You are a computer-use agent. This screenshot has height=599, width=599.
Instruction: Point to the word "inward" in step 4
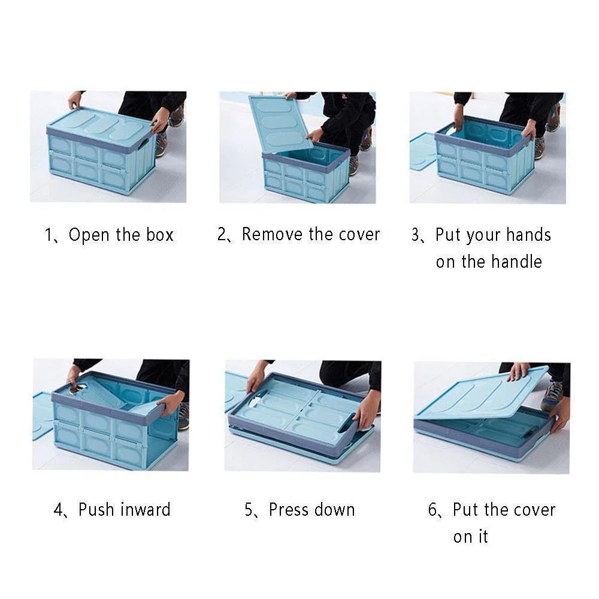[x=144, y=510]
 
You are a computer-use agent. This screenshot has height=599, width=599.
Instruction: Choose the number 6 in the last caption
[x=433, y=510]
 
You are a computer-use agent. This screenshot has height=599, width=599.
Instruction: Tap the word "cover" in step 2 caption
[x=359, y=234]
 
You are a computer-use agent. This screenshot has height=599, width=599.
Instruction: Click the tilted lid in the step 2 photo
[x=279, y=123]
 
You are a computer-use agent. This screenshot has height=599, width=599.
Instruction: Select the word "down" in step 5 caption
[x=337, y=510]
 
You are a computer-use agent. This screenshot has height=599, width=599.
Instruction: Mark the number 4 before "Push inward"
[x=58, y=510]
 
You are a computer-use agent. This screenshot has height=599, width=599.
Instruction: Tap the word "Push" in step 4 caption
[x=97, y=510]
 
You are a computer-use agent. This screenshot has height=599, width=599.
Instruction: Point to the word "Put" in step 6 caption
[x=465, y=510]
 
